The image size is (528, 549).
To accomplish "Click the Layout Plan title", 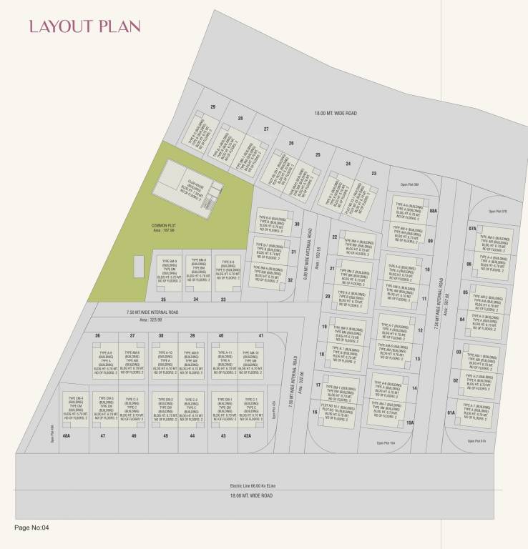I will [x=84, y=27].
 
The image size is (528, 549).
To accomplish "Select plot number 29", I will [x=212, y=107].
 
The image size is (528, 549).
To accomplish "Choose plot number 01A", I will [x=451, y=413].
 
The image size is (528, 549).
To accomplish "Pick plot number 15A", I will [x=411, y=423].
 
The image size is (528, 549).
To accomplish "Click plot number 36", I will [x=97, y=335].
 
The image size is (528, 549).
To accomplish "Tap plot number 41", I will [x=261, y=335].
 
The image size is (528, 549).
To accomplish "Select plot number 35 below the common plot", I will [x=164, y=300].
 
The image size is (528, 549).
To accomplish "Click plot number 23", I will [x=373, y=174].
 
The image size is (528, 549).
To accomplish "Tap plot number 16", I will [x=315, y=412].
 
